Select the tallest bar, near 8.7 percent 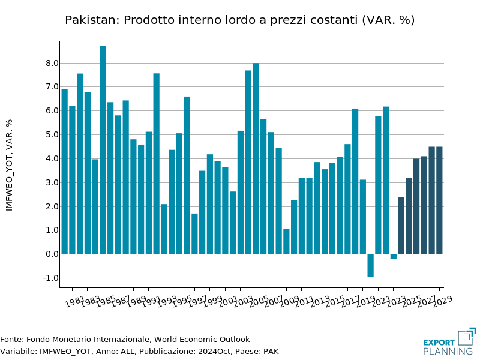click(x=103, y=150)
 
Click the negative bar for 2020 click(x=371, y=265)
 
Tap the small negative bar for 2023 click(x=394, y=256)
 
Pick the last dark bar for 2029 click(x=439, y=200)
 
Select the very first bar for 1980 click(x=65, y=172)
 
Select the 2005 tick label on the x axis click(x=257, y=301)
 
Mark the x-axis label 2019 click(x=365, y=301)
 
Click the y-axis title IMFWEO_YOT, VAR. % click(x=10, y=164)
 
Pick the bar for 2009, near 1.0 click(x=286, y=241)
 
